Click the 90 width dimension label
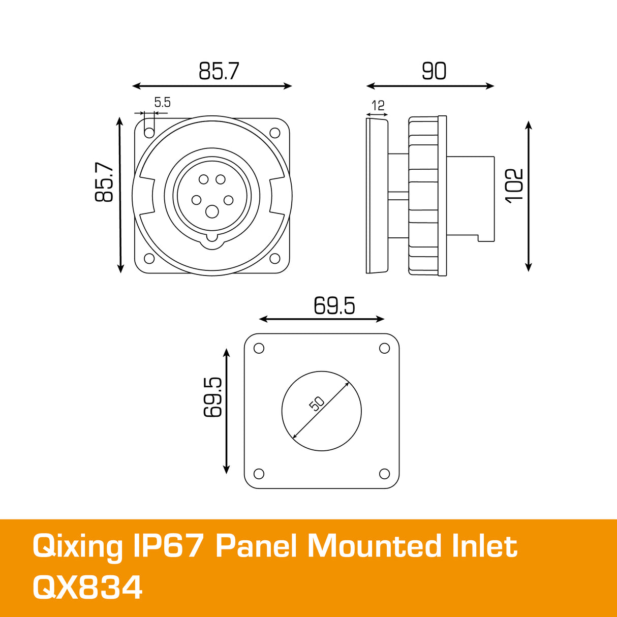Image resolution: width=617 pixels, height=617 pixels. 434,71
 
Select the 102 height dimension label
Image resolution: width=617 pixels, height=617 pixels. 514,185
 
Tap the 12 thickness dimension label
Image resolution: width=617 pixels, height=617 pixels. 378,106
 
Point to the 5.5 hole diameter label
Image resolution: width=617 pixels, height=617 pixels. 162,103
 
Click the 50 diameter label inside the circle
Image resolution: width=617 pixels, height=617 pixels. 316,404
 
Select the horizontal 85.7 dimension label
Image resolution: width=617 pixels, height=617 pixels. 219,71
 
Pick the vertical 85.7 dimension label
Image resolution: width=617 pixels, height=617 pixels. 104,182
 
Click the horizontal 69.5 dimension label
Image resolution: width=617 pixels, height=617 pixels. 334,306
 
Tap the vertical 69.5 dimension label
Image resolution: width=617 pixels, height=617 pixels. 213,397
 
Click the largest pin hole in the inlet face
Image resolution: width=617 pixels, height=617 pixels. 212,211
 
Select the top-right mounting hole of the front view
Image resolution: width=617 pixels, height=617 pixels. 275,133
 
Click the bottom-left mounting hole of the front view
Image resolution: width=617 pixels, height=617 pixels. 149,259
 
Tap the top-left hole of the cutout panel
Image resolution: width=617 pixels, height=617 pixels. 259,348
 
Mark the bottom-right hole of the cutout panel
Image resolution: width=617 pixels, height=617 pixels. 385,474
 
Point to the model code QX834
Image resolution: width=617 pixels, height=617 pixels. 87,588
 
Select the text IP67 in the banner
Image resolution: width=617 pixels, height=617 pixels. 168,547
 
